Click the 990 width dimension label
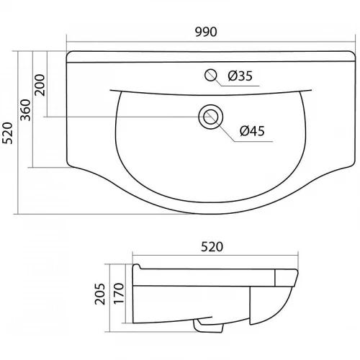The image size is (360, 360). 206,32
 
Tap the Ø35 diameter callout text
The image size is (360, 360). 240,76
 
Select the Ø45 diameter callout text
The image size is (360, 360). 252,131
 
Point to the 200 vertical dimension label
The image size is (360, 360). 40,85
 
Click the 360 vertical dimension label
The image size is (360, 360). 25,110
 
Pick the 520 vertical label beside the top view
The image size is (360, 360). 7,133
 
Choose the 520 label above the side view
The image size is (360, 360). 212,247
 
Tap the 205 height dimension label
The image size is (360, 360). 100,294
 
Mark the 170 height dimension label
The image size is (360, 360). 119,294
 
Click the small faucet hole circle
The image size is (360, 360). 211,75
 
